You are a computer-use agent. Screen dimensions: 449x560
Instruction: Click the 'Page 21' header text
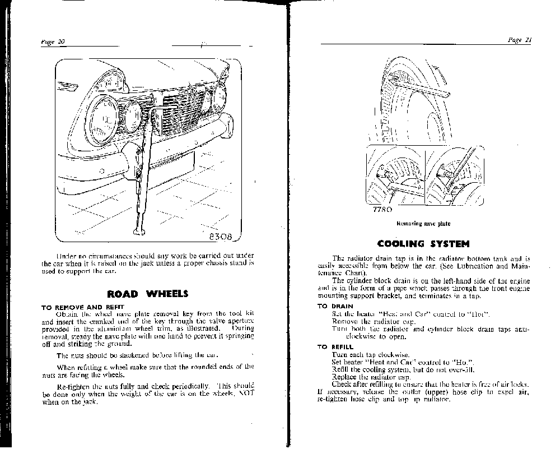click(519, 40)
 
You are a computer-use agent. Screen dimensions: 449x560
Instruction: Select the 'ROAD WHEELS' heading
click(147, 294)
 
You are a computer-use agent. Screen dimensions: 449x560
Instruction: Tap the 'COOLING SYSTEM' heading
click(423, 244)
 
